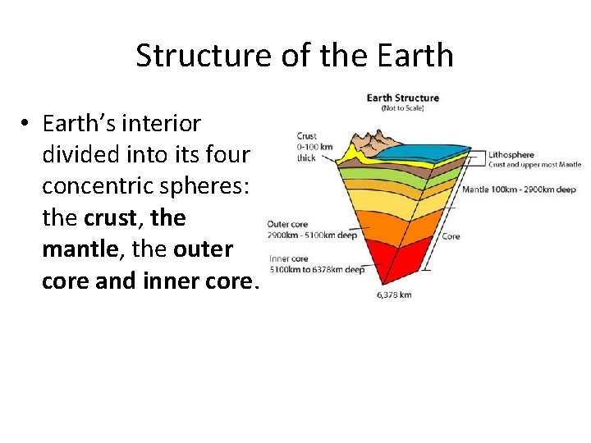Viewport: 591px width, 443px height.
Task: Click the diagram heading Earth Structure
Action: pyautogui.click(x=402, y=98)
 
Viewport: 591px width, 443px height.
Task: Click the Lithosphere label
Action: pyautogui.click(x=511, y=154)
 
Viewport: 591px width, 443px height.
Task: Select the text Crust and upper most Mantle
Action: pyautogui.click(x=534, y=164)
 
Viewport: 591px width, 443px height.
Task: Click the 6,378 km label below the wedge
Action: pyautogui.click(x=393, y=295)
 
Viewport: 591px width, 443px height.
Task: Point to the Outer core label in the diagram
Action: pyautogui.click(x=287, y=224)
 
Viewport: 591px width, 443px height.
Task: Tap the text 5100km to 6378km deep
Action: pyautogui.click(x=317, y=269)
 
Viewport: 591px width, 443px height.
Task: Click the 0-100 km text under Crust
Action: pyautogui.click(x=314, y=148)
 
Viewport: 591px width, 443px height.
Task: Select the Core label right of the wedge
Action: pyautogui.click(x=451, y=236)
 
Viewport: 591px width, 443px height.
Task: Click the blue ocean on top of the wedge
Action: pyautogui.click(x=427, y=152)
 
